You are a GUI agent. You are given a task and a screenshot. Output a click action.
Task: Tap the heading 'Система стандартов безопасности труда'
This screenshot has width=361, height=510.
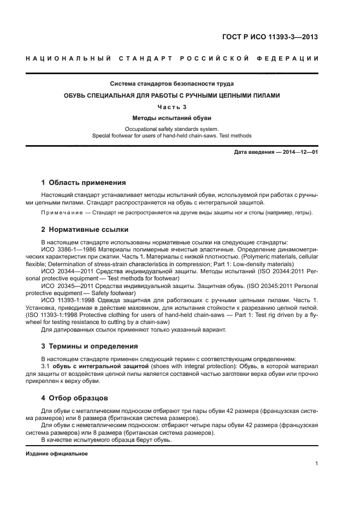pos(172,84)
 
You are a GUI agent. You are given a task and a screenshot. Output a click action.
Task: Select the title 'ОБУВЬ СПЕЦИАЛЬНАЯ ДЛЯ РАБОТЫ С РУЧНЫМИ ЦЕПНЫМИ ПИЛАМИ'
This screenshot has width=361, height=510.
pos(172,95)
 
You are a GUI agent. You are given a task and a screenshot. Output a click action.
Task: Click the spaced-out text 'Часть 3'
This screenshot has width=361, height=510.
pos(172,107)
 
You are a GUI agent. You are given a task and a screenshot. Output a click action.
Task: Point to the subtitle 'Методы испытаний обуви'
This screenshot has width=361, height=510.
pos(172,118)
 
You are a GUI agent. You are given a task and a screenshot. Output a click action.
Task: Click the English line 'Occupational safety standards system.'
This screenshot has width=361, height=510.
pos(172,130)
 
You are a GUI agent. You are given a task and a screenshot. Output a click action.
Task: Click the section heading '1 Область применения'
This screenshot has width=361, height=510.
pos(84,182)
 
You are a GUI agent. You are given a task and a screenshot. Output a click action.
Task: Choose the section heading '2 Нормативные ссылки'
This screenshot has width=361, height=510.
pos(85,230)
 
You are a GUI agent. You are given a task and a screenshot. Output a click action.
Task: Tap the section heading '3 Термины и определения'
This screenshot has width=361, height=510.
pos(90,346)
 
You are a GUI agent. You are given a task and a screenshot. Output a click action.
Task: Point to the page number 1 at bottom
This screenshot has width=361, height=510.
pos(316,464)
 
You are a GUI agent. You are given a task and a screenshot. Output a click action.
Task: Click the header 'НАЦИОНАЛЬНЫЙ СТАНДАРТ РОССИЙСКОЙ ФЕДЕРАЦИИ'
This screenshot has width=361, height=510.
pos(172,58)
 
